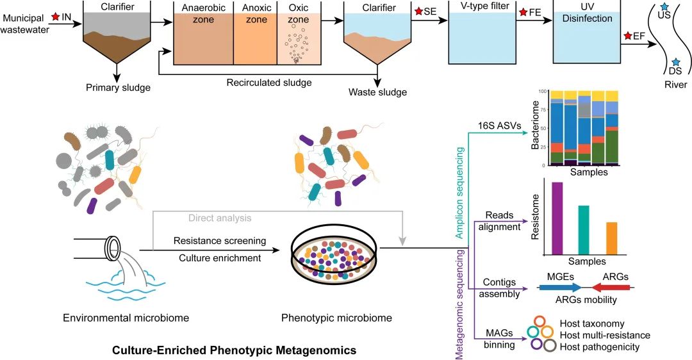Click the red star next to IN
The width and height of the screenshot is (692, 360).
point(56,17)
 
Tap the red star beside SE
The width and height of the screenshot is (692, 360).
point(418,12)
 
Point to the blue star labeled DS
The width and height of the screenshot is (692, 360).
point(675,61)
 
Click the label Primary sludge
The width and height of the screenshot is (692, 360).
point(119,88)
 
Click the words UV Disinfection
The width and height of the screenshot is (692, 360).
point(587,13)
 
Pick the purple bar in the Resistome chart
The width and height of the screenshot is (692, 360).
point(557,218)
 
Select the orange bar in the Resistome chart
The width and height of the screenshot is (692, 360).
point(611,238)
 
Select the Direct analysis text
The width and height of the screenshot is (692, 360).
point(220,218)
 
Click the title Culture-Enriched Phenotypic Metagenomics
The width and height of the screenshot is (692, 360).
point(234,350)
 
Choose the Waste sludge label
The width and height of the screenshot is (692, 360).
point(377,92)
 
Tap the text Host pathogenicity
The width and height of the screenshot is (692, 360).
point(600,347)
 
